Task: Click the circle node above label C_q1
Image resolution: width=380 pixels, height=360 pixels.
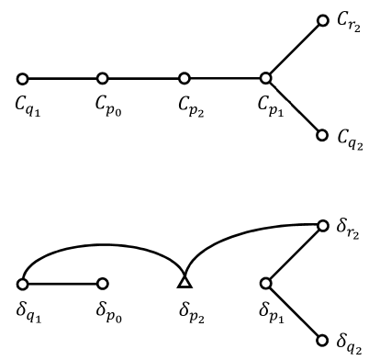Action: pos(22,79)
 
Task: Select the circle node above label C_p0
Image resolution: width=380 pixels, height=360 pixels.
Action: pos(103,79)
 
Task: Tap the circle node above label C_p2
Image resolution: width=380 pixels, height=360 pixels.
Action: pos(184,79)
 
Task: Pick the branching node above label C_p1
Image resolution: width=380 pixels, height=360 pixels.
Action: pos(265,79)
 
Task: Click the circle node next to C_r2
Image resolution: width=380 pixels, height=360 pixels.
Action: pos(322,20)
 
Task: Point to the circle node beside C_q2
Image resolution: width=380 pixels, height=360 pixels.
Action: pos(322,135)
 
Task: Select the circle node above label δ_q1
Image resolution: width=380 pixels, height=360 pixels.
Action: pos(22,283)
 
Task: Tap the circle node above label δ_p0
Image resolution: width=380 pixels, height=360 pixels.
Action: pos(103,283)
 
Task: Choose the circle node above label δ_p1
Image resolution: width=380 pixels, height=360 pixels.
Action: pos(265,283)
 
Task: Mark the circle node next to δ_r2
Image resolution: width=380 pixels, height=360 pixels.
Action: pos(322,224)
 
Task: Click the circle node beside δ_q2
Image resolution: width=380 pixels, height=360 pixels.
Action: pos(322,340)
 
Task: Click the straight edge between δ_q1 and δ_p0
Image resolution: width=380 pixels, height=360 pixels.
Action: pos(62,283)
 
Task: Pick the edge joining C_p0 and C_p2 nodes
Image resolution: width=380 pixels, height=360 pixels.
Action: pos(143,79)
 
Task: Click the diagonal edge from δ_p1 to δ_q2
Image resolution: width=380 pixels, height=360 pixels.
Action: pos(294,311)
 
